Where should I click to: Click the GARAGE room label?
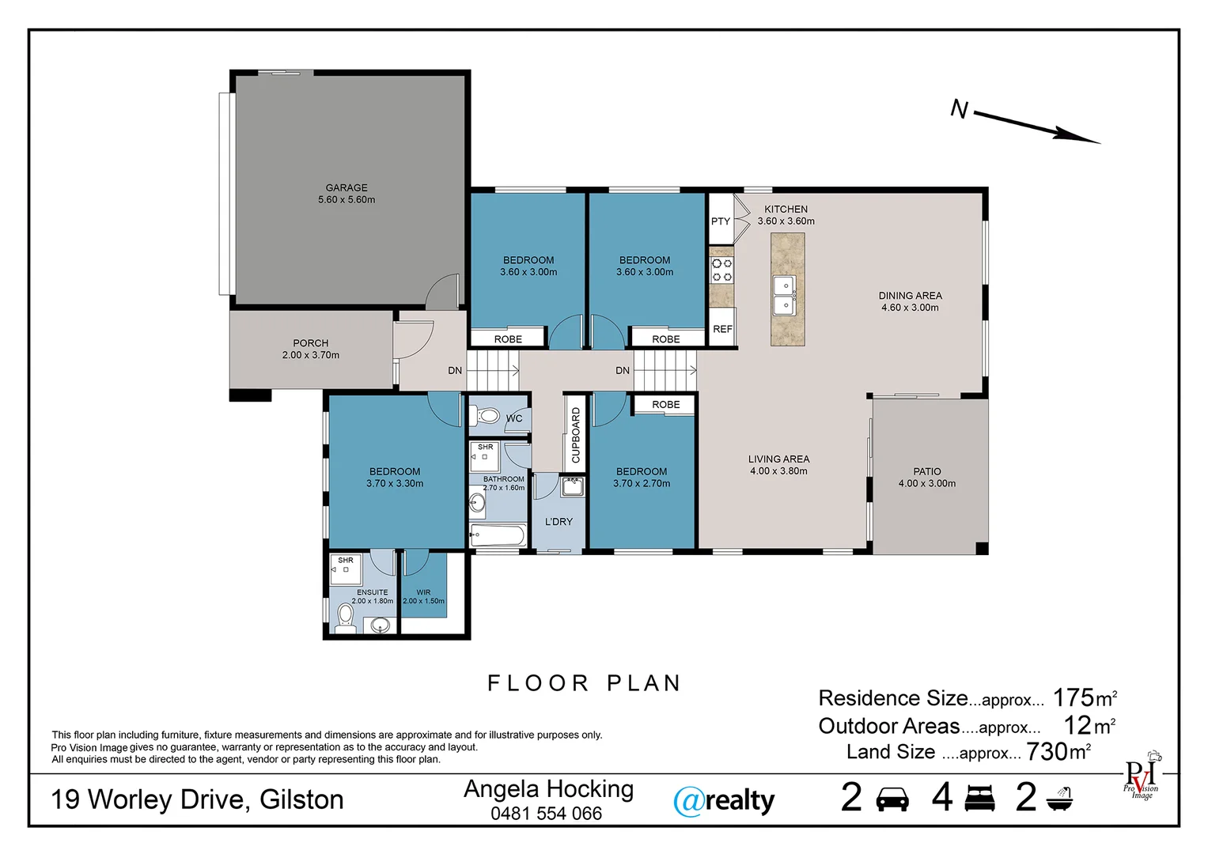pos(346,188)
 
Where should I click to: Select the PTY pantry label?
pos(720,221)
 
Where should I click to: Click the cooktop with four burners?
pos(721,270)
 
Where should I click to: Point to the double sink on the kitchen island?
pos(784,295)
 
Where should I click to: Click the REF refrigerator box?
pos(722,328)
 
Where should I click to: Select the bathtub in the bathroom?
pos(498,535)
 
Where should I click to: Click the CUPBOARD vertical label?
pos(575,435)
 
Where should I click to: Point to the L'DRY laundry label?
pos(559,522)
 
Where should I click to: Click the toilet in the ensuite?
pos(345,617)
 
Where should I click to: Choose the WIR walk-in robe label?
pos(423,592)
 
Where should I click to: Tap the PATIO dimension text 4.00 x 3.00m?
pos(926,484)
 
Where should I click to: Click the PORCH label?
pos(310,343)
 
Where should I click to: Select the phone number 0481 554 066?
pos(546,814)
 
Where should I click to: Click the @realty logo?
pos(723,801)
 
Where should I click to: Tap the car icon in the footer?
pos(892,799)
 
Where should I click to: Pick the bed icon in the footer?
pos(979,799)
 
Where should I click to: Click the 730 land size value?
pos(1047,752)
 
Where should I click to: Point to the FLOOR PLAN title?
pos(584,683)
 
